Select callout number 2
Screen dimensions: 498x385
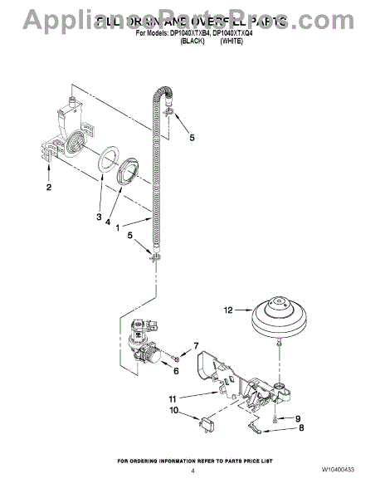[x=48, y=188]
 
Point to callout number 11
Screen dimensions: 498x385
[x=174, y=398]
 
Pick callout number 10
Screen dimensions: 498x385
[x=174, y=410]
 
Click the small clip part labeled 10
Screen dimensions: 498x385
[x=202, y=422]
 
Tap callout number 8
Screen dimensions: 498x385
[x=300, y=429]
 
